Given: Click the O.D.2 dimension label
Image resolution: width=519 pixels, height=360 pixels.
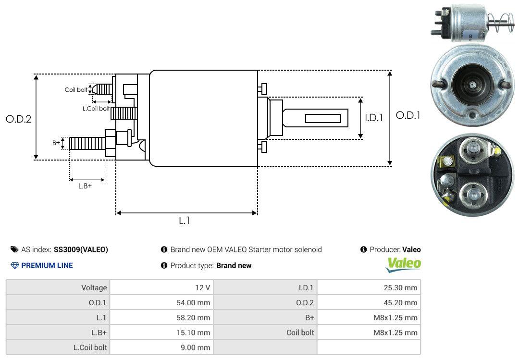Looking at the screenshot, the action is (19, 119).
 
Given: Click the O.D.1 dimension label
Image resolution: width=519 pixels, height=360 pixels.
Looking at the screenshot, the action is (408, 115).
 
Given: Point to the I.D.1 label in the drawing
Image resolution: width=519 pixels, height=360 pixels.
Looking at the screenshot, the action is (374, 118).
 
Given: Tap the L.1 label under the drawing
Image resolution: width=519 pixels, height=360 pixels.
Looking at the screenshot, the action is (185, 221).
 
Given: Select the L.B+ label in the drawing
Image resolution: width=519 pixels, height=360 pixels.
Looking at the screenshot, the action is (85, 186).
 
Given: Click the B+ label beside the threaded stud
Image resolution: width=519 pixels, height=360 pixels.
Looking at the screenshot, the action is (56, 142).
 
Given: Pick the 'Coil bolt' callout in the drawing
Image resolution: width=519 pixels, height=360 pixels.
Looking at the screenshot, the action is (76, 90).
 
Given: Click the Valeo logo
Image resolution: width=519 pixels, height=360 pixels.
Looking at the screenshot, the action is (403, 264).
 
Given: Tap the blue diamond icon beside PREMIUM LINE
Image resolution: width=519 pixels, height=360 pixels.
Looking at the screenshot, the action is (15, 266).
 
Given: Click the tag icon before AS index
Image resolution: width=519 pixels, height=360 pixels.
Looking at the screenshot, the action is (14, 249).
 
